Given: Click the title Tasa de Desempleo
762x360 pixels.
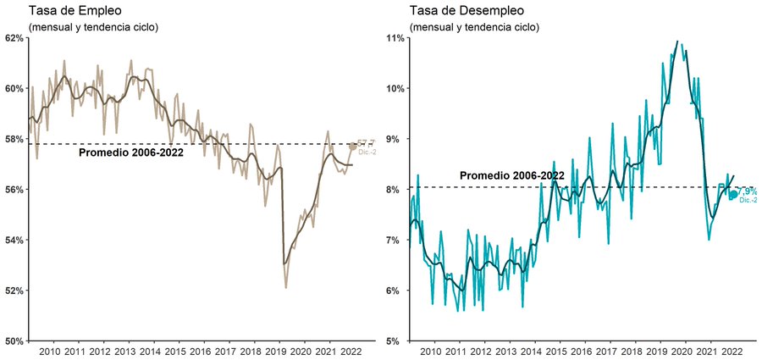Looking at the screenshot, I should click(x=467, y=11).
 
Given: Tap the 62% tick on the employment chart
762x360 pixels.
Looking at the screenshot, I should click(x=16, y=38).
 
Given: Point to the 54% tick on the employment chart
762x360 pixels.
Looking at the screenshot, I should click(x=16, y=240).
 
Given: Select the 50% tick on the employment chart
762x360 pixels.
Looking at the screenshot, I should click(x=16, y=341).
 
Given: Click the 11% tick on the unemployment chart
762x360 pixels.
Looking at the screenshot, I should click(x=396, y=38).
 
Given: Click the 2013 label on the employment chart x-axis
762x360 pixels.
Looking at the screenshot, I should click(x=124, y=352).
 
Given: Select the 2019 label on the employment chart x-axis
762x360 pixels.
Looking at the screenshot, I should click(x=276, y=352).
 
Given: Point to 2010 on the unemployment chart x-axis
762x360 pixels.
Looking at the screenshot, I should click(x=429, y=352).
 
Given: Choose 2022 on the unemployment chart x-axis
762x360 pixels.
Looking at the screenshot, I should click(x=732, y=352).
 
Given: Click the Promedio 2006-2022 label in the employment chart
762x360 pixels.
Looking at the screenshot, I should click(x=130, y=153).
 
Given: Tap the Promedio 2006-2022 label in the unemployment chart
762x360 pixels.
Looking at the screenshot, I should click(x=511, y=175).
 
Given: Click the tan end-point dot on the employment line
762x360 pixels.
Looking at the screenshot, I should click(x=353, y=147).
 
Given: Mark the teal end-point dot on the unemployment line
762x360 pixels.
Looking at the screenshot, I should click(x=733, y=195).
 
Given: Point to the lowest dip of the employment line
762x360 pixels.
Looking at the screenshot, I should click(x=285, y=288).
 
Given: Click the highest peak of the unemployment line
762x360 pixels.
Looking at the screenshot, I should click(x=676, y=41).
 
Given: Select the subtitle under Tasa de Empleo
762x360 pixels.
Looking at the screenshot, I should click(x=93, y=27).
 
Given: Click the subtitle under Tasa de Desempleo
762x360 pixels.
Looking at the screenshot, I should click(x=473, y=27).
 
